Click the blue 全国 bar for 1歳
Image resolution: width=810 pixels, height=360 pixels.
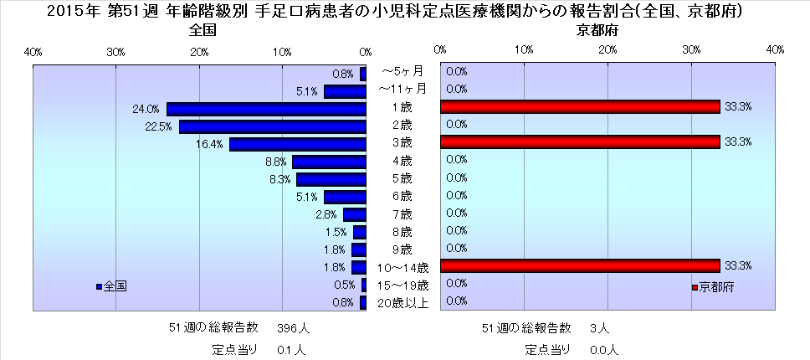point(266,109)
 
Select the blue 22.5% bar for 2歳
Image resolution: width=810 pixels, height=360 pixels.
point(273,126)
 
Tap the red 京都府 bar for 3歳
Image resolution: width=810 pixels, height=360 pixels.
point(580,141)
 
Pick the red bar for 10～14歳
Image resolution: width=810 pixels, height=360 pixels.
point(580,265)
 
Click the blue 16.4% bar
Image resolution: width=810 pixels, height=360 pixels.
point(298,144)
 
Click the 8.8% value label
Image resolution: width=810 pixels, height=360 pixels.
point(275,162)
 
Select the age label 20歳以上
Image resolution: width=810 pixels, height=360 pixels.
point(403,302)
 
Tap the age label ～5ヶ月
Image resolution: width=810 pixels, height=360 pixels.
point(403,72)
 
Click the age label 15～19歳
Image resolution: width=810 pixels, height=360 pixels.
point(403,285)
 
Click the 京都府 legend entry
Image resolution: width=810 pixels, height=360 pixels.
point(713,287)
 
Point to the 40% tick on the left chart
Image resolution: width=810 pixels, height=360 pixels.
point(33,52)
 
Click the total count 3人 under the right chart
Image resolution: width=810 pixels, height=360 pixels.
point(599,327)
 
